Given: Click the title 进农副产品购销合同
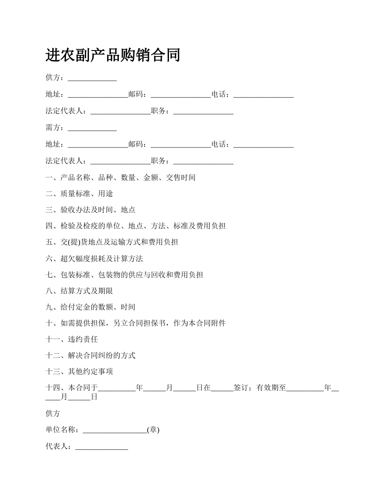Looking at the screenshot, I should [113, 55].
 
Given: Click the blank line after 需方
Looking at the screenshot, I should [92, 128].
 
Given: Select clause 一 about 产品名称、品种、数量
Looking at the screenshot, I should [120, 177].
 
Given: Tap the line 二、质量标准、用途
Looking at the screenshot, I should [79, 194].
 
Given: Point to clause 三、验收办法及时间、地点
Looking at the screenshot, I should [91, 210].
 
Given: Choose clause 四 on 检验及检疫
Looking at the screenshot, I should [135, 226].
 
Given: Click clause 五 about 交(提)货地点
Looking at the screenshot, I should [112, 242].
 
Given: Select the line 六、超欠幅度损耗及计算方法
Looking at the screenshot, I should [94, 259].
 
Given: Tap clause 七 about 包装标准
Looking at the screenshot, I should [124, 275].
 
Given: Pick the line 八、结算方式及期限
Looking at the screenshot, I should [79, 291].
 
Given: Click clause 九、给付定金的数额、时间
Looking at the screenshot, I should [91, 307].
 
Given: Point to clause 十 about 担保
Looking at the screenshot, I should [135, 323].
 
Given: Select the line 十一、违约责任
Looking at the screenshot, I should [72, 339].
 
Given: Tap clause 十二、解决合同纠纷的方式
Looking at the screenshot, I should [91, 356].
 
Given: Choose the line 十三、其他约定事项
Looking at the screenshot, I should [79, 372].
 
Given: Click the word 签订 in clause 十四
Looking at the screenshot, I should [241, 388].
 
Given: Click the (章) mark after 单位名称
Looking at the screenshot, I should [153, 430].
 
